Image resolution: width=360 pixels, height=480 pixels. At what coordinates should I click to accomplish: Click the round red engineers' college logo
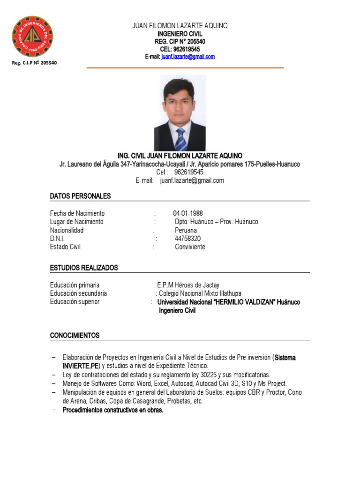[x=32, y=36]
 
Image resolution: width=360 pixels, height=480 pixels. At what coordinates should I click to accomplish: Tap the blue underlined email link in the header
[x=188, y=57]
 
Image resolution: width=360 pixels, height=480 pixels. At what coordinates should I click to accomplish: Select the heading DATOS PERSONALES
[x=80, y=196]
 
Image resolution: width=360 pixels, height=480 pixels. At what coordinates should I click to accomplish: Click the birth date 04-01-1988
[x=188, y=213]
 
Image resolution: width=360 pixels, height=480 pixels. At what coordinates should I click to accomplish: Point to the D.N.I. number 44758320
[x=187, y=239]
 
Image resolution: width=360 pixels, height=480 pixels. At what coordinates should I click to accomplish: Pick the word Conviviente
[x=190, y=247]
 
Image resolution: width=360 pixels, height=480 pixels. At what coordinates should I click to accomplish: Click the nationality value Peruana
[x=186, y=230]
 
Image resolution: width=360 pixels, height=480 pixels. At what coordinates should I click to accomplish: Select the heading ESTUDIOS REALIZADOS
[x=84, y=268]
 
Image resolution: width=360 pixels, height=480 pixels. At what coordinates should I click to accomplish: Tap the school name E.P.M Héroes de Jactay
[x=188, y=285]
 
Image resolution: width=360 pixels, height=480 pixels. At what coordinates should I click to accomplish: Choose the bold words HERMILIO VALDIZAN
[x=244, y=302]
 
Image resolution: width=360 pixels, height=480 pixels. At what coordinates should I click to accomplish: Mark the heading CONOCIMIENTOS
[x=75, y=336]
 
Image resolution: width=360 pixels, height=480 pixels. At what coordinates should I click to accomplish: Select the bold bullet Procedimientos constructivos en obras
[x=113, y=410]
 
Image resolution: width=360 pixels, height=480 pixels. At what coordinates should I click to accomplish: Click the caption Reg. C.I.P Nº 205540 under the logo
[x=34, y=63]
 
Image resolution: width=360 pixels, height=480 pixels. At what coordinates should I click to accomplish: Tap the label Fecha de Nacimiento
[x=77, y=213]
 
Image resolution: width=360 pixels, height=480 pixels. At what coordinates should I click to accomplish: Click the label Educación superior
[x=75, y=302]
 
